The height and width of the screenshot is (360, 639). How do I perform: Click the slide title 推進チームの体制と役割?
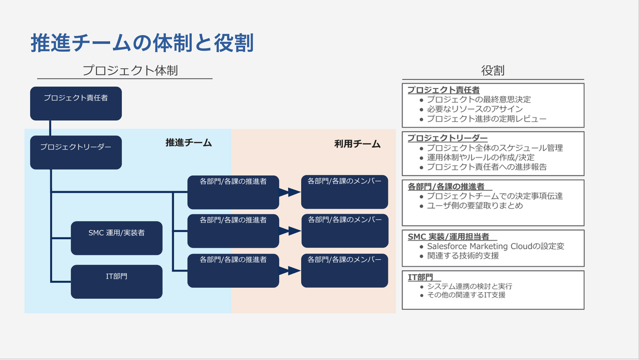click(142, 43)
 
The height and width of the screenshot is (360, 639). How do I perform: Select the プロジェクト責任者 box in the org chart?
click(76, 103)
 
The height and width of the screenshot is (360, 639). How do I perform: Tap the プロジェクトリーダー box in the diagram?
click(76, 152)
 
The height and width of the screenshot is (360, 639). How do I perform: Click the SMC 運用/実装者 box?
click(116, 238)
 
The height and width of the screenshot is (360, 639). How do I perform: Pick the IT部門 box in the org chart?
click(116, 282)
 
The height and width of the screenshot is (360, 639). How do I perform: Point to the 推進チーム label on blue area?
click(189, 142)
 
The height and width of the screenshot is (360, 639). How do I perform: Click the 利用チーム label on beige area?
click(357, 144)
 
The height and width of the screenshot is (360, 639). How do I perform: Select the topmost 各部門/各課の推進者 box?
click(233, 192)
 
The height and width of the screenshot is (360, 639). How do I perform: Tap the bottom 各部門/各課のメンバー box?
click(345, 270)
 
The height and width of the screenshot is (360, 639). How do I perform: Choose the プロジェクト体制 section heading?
click(130, 71)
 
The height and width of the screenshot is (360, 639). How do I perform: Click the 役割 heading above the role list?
click(493, 71)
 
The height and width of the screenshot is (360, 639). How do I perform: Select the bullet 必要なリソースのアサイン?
click(474, 109)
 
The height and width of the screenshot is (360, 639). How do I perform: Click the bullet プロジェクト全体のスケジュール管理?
click(494, 148)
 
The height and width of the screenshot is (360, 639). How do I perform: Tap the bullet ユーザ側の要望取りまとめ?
click(474, 206)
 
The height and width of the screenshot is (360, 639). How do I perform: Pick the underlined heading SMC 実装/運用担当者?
click(449, 236)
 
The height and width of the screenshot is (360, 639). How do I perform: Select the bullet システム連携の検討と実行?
click(469, 287)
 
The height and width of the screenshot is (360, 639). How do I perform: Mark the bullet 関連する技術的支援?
click(463, 256)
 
